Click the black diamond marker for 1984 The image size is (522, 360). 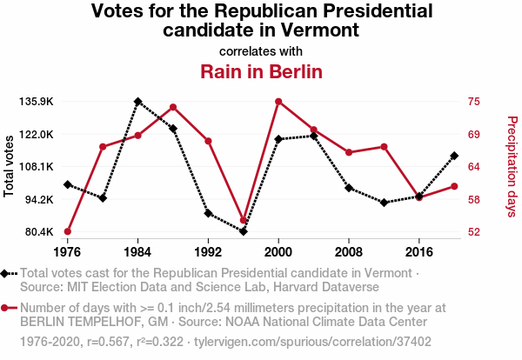pos(137,102)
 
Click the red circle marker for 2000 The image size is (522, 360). pos(278,102)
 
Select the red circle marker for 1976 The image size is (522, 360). pos(67,231)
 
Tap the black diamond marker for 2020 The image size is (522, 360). pos(454,156)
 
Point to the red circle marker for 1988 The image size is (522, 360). pos(173,107)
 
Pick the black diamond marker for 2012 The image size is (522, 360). pos(384,203)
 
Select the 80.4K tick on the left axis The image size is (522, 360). pos(39,232)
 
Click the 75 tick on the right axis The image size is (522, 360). pos(473,102)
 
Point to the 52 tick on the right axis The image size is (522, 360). pos(473,232)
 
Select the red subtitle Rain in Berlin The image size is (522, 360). pos(261,70)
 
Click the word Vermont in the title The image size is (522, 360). pos(323,30)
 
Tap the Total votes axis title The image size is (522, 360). pos(10,166)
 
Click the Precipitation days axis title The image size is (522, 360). pos(512,166)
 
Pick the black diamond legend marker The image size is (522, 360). pos(6,274)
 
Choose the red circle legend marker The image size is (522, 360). pos(6,308)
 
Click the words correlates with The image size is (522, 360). pos(261,50)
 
